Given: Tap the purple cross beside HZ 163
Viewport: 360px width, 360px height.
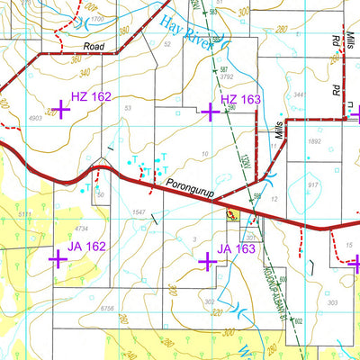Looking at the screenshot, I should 210,112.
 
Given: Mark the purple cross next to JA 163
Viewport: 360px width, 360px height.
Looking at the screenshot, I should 207,260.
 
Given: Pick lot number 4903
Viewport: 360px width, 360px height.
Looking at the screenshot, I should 35,118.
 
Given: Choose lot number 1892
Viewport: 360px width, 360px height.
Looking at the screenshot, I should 313,141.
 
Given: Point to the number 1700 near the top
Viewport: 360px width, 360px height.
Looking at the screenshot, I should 96,18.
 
